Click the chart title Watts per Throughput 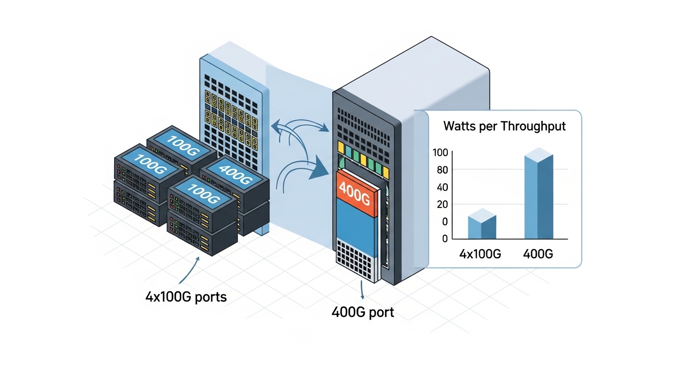click(x=504, y=126)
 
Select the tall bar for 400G click(x=539, y=196)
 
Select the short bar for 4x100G click(x=482, y=225)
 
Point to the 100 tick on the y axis click(x=440, y=152)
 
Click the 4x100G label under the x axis click(x=480, y=253)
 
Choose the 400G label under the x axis click(x=538, y=253)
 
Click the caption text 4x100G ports click(x=186, y=297)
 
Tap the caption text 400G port click(x=362, y=312)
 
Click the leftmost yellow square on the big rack click(x=341, y=146)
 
